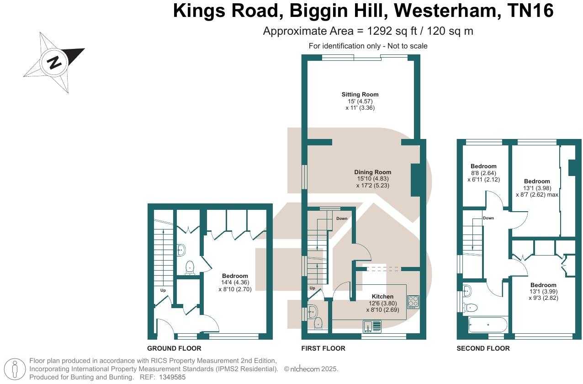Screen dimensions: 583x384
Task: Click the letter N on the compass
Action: pos(54,63)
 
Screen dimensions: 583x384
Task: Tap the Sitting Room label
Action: pos(360,95)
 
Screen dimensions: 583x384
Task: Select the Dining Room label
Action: pos(373,172)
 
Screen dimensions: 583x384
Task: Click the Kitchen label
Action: pos(382,297)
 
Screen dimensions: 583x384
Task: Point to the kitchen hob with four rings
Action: pos(413,302)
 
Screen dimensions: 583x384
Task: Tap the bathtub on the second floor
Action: pos(488,325)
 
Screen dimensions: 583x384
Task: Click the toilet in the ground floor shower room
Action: pos(190,268)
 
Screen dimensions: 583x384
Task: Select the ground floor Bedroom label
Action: pos(235,276)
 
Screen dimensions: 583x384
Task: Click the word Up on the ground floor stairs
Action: pos(163,290)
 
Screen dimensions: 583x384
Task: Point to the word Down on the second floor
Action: pos(488,218)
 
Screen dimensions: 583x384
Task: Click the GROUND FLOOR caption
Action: pos(174,348)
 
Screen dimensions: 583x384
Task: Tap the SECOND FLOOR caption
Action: pos(483,348)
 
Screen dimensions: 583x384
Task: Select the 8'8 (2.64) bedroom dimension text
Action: pos(483,173)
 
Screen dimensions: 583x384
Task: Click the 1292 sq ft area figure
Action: pos(392,31)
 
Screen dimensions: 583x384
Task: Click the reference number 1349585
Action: pos(172,377)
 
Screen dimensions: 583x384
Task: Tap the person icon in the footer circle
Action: pos(15,369)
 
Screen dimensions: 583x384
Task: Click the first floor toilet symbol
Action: pos(318,323)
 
